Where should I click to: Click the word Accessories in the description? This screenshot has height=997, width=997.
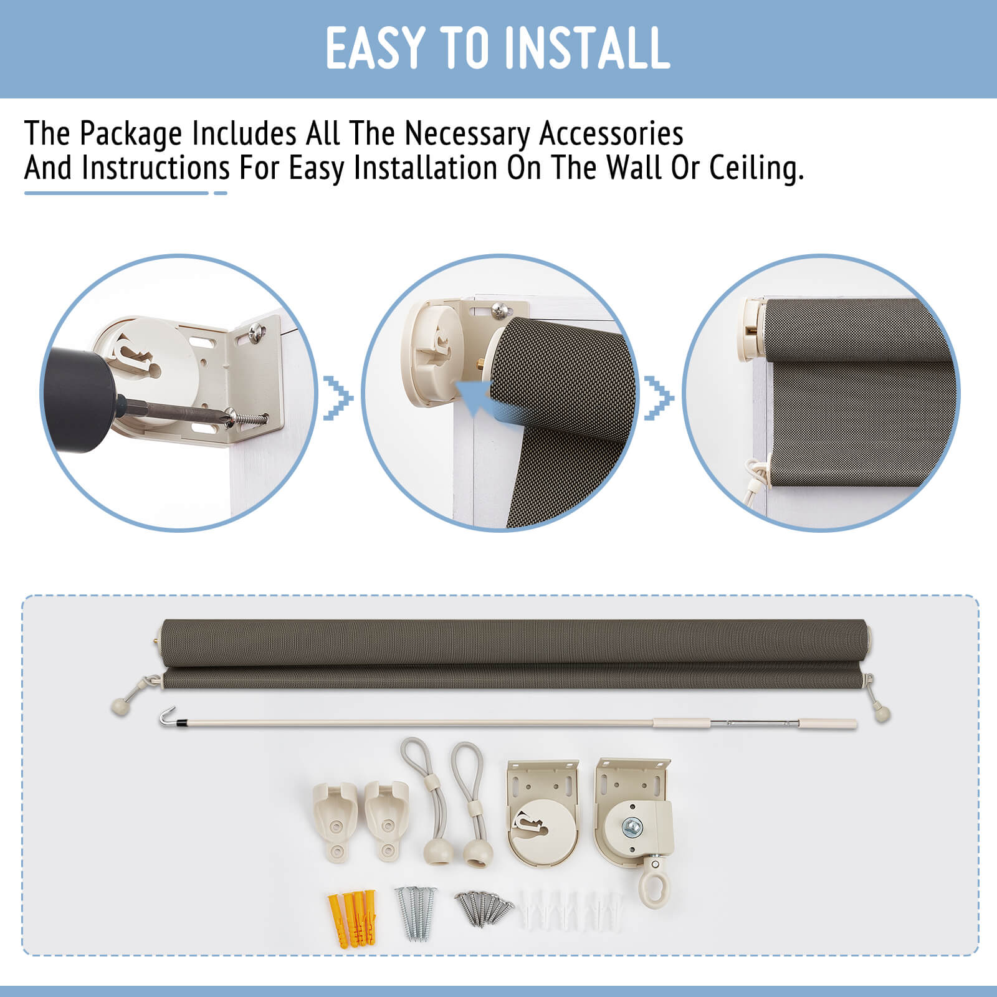click(611, 133)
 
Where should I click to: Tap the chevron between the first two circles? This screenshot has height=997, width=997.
click(338, 398)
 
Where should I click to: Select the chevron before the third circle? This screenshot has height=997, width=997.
click(659, 398)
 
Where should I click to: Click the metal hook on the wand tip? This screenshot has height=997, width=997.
click(165, 717)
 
